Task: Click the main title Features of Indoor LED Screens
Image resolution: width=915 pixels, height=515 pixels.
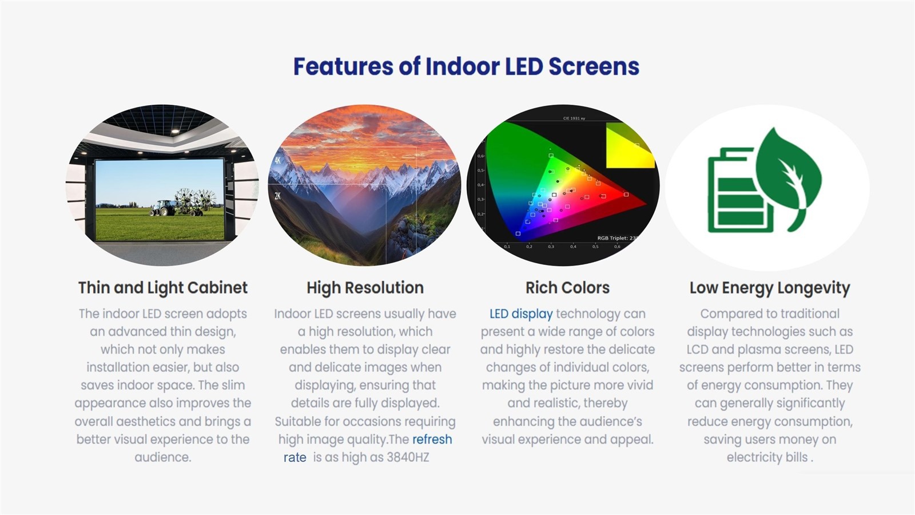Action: point(466,66)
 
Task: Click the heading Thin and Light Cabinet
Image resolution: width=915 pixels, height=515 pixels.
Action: point(162,287)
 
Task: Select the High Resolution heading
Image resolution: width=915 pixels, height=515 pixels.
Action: point(365,287)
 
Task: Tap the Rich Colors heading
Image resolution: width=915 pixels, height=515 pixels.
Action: point(567,287)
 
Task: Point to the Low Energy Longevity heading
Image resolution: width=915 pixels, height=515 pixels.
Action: point(769,287)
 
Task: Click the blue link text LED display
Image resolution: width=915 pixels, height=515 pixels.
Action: point(520,314)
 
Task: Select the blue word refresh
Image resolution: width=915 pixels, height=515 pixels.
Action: point(432,439)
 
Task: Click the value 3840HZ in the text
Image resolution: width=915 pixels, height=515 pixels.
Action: point(408,457)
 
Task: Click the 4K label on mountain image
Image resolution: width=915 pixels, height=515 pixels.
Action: point(277,160)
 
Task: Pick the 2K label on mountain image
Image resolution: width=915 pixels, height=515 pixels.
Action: point(277,196)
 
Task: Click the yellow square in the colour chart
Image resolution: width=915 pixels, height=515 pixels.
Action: point(629,147)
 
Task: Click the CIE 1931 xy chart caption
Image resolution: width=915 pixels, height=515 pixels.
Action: point(574,118)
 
